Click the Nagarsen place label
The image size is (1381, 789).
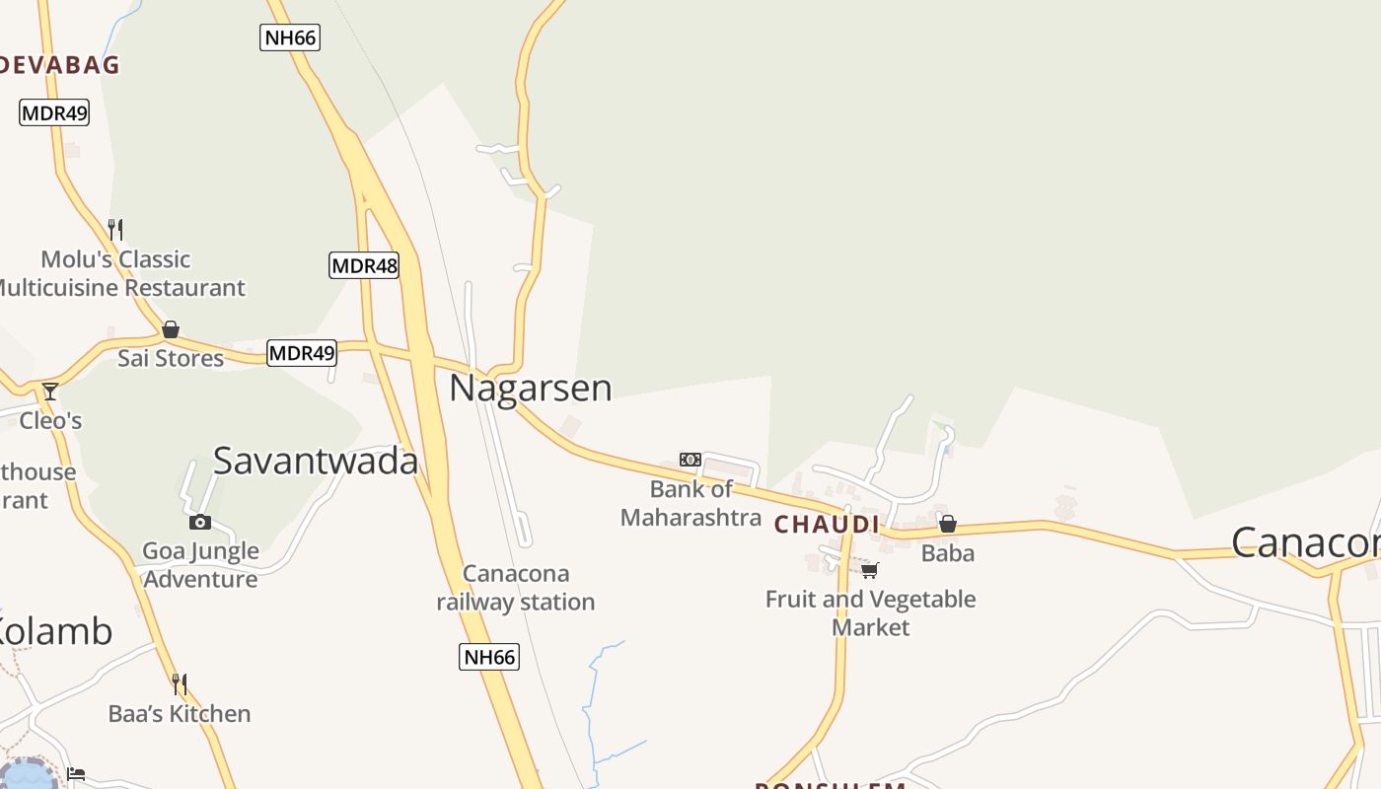(x=531, y=388)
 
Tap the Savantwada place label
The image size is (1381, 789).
(x=316, y=461)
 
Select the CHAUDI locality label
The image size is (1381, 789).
(x=827, y=524)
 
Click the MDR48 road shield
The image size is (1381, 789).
(x=364, y=265)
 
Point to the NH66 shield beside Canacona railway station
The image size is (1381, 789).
(x=489, y=657)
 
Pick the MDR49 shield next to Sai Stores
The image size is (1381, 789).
(x=302, y=353)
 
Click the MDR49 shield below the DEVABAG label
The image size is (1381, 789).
(x=54, y=112)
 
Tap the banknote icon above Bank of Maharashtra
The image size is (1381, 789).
(x=690, y=460)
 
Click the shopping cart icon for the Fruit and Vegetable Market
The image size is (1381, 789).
(x=869, y=570)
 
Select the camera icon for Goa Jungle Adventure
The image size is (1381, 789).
(x=200, y=522)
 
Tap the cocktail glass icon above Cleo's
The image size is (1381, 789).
(x=50, y=392)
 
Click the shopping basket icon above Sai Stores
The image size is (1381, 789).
(x=171, y=329)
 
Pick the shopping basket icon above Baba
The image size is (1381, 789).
(x=947, y=524)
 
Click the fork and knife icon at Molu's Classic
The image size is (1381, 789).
(x=115, y=230)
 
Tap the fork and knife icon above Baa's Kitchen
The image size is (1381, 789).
(x=179, y=683)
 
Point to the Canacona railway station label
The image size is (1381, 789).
(x=516, y=587)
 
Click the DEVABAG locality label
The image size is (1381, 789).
(x=59, y=65)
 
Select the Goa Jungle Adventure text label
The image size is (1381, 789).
(x=201, y=564)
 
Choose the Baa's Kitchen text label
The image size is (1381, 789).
(x=180, y=713)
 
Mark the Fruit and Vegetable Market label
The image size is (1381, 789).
(x=871, y=612)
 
